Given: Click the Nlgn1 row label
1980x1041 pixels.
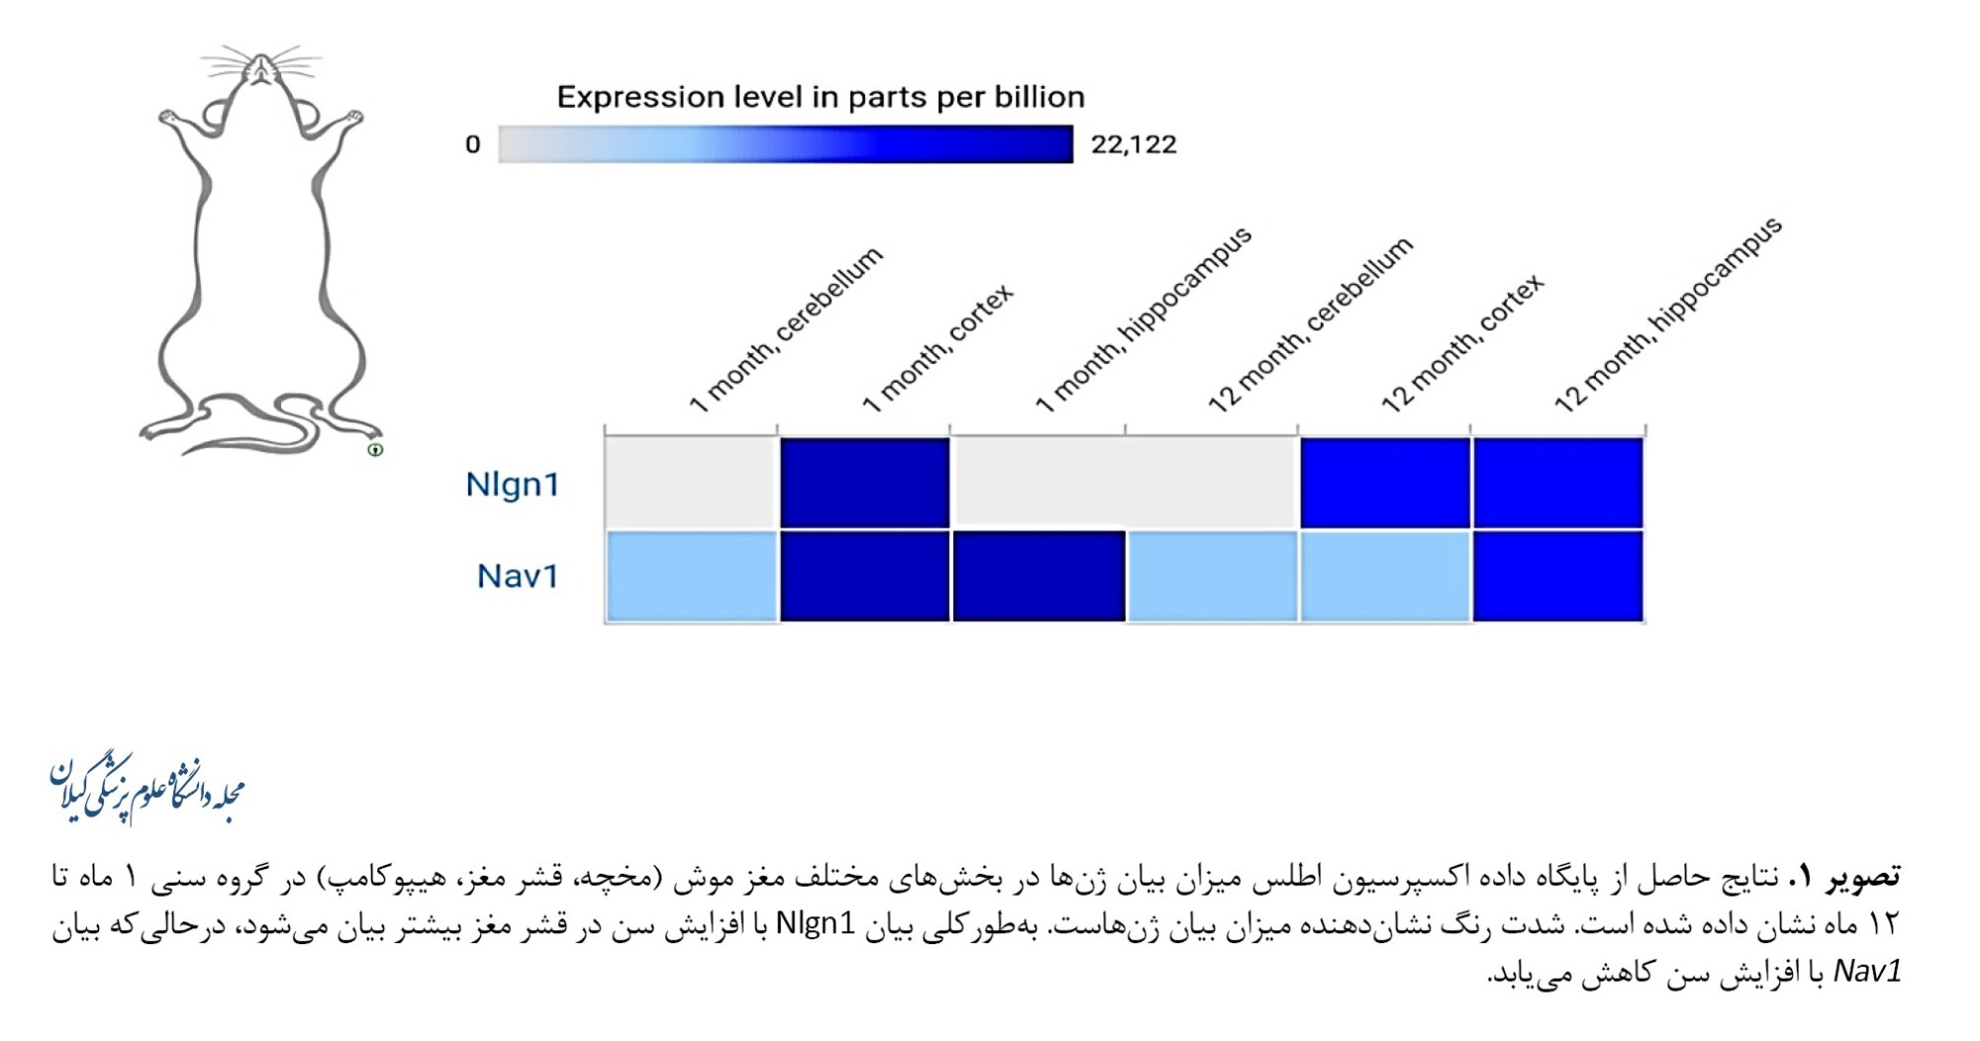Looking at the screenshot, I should pos(512,484).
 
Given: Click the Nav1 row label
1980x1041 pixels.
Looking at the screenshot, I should pos(517,576).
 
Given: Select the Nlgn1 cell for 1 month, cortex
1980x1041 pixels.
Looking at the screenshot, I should pos(864,484).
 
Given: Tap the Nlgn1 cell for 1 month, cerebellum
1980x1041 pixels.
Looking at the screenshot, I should pos(691,484).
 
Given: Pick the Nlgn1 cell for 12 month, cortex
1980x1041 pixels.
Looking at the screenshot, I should pos(1385,484).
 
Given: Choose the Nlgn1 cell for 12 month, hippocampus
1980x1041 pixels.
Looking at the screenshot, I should pos(1558,484).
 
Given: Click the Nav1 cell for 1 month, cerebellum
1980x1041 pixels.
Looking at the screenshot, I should pos(691,576).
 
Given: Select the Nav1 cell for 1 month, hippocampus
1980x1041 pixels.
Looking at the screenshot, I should pos(1039,576).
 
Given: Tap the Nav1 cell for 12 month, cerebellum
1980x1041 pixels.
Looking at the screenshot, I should pos(1212,576).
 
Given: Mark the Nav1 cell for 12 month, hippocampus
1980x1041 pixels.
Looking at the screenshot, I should pos(1558,576).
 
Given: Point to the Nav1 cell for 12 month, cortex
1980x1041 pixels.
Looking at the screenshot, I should pos(1385,576).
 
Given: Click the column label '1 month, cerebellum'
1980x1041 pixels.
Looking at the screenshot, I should pos(785,330).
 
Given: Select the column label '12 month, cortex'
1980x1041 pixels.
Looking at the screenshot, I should pos(1462,342).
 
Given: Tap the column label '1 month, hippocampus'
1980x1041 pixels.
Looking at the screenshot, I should pos(1143,319).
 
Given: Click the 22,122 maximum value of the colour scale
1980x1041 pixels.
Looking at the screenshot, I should pos(1134,144).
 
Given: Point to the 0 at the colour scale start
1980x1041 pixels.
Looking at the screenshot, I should pos(473,144).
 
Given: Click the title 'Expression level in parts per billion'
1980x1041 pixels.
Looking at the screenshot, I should pos(821,97).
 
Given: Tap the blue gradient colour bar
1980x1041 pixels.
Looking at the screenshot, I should pos(785,144).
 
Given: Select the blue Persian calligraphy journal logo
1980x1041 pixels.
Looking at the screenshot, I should pos(147,789).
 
